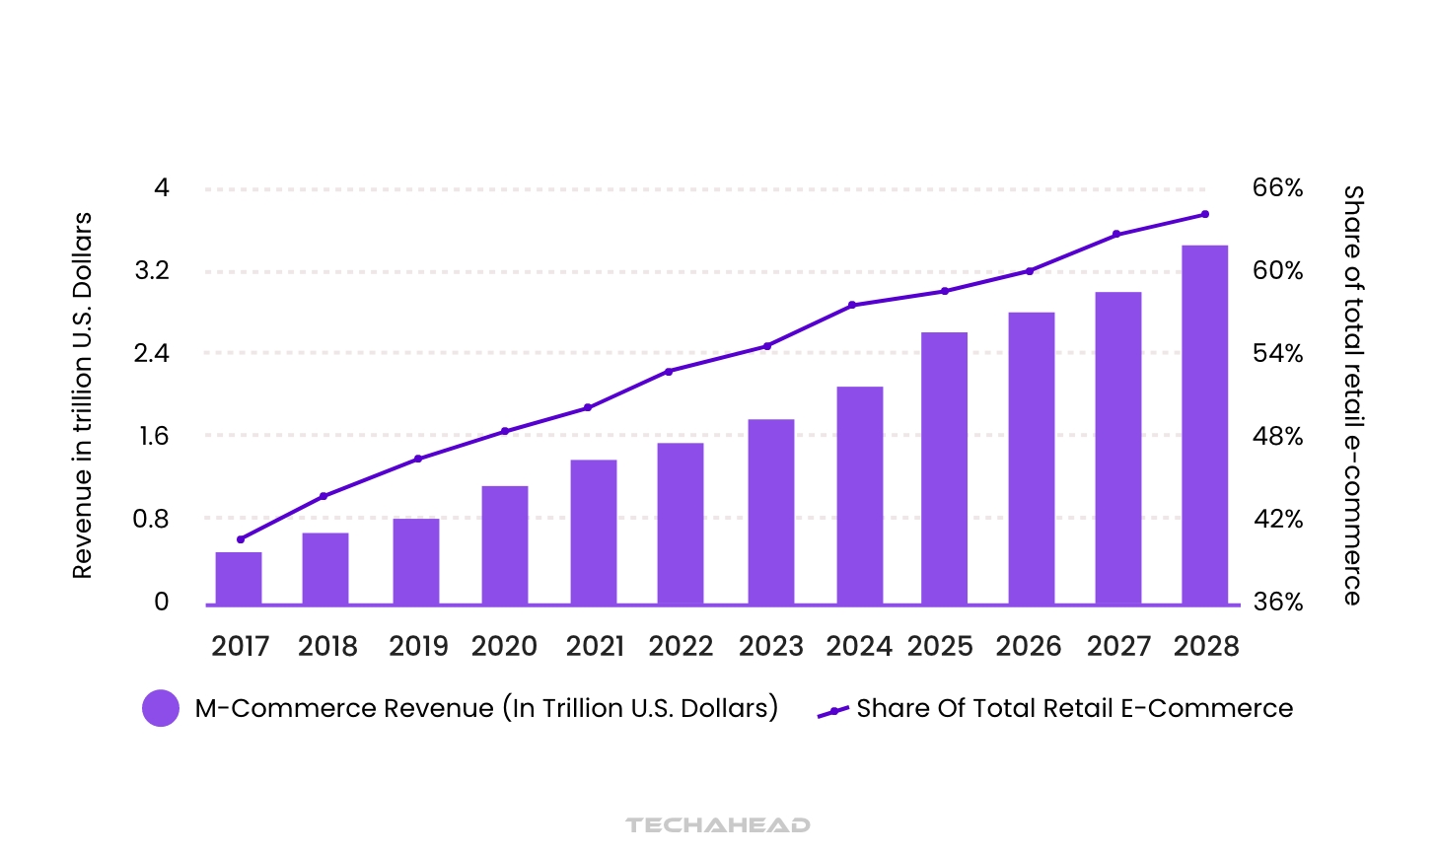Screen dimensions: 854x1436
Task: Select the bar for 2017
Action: (239, 578)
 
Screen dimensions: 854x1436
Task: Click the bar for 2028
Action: (1204, 425)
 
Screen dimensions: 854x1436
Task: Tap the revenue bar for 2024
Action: (859, 495)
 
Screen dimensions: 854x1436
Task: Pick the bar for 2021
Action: (594, 532)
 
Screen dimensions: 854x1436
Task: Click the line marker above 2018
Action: (323, 496)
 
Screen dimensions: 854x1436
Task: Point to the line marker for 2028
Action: (1204, 214)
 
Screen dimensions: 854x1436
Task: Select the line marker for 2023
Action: (767, 346)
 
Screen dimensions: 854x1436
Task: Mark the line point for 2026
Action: (1030, 271)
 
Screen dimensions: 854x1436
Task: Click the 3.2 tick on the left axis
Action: (152, 271)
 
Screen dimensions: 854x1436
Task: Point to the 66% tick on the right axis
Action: (1277, 188)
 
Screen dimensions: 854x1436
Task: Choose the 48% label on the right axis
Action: (1277, 437)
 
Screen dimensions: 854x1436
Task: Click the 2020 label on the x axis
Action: (504, 647)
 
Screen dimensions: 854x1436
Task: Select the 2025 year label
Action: (940, 647)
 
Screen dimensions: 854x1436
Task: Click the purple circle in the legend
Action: (161, 708)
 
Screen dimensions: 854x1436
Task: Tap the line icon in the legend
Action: (833, 711)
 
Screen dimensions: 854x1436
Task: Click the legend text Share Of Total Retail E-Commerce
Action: (1074, 708)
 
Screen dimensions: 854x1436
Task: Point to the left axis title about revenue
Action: (82, 394)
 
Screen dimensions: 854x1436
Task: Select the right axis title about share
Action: (1353, 394)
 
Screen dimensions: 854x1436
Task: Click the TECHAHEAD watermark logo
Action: (717, 824)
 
